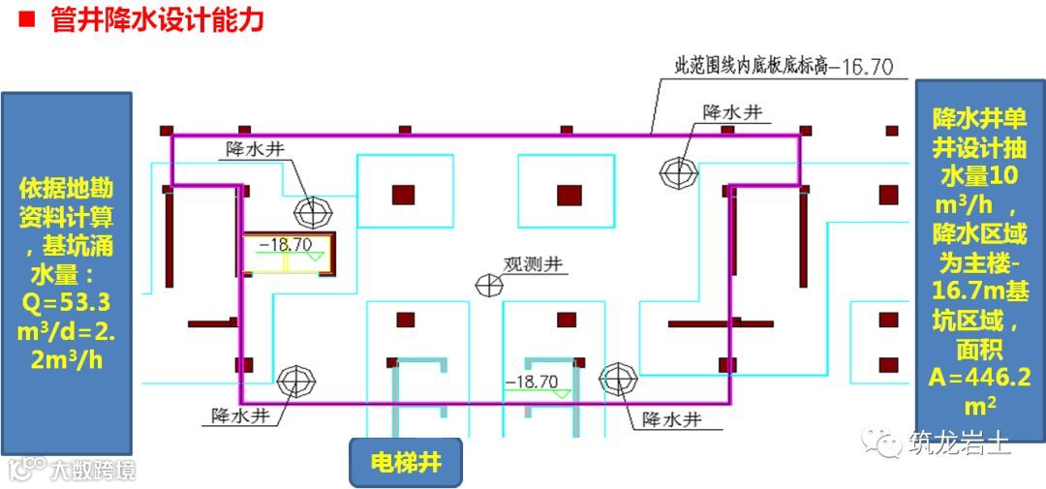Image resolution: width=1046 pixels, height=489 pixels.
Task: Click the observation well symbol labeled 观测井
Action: click(489, 284)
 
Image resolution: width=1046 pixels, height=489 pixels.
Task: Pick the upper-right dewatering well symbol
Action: click(678, 172)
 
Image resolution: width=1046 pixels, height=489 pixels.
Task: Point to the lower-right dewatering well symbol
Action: click(616, 379)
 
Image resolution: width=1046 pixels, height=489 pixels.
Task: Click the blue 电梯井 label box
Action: click(407, 462)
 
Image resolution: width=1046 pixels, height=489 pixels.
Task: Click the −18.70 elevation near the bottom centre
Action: click(532, 382)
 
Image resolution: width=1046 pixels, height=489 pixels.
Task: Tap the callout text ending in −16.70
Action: click(784, 68)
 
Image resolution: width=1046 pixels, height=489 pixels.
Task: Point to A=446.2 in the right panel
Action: click(975, 376)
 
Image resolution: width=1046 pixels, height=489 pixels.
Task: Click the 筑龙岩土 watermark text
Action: click(959, 443)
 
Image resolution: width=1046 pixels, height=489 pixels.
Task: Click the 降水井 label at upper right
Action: click(732, 112)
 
